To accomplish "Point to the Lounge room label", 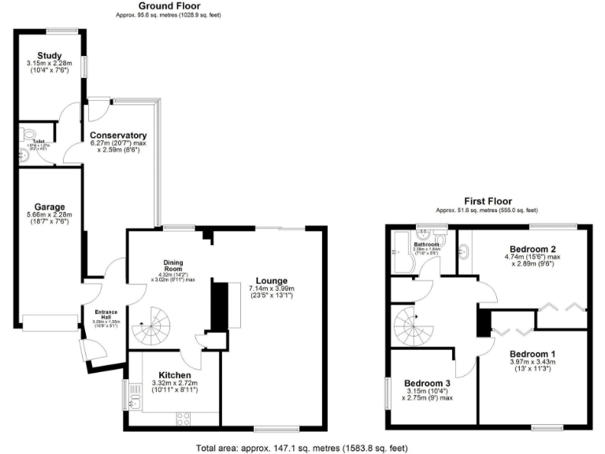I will pyautogui.click(x=271, y=280).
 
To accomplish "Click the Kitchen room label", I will pyautogui.click(x=175, y=374).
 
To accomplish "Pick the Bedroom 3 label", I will pyautogui.click(x=429, y=381).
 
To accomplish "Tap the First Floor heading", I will pyautogui.click(x=487, y=202).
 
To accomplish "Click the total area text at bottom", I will pyautogui.click(x=302, y=447).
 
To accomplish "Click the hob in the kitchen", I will pyautogui.click(x=187, y=418).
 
